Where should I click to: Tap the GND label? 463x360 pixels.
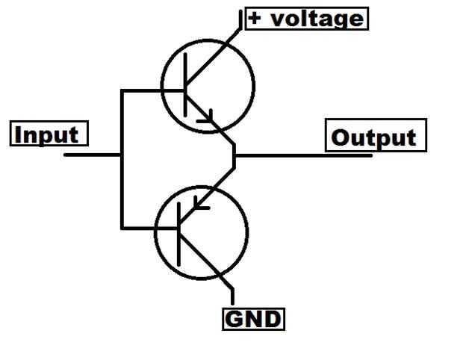(254, 319)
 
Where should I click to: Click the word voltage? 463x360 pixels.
(317, 18)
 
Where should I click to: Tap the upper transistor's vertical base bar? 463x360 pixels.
(184, 90)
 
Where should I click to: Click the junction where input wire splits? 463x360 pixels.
(121, 155)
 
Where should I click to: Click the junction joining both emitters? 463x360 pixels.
(234, 155)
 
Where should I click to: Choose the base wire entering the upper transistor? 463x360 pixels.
(152, 91)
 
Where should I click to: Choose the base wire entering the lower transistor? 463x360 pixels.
(149, 226)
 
